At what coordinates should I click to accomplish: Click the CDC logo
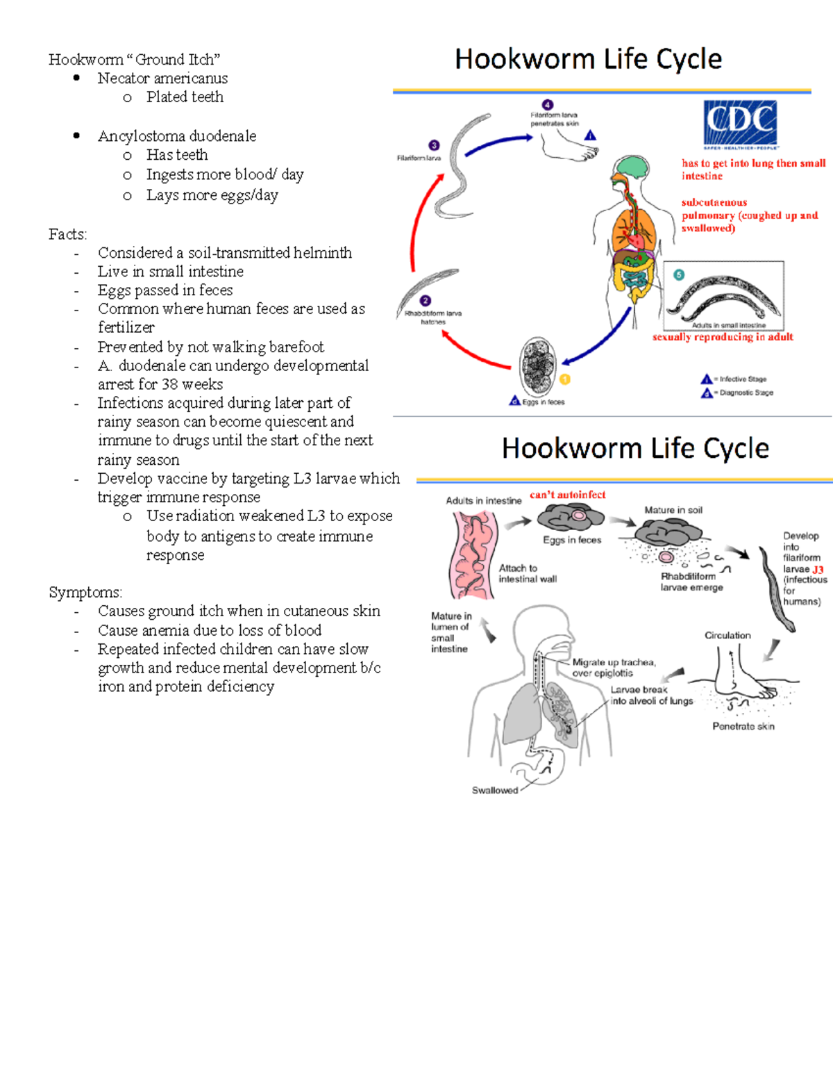740,123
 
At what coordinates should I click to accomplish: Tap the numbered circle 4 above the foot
548,105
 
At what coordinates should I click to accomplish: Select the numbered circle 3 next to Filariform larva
434,145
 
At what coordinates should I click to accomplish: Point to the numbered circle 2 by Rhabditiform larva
426,301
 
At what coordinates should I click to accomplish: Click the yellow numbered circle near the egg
564,379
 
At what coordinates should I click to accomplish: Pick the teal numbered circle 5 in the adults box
679,274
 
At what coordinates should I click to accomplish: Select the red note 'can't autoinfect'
567,495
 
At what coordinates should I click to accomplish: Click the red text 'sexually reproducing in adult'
723,337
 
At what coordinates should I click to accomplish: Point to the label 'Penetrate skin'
743,726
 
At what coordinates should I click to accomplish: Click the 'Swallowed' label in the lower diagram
494,790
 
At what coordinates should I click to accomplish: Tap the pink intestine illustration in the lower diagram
473,554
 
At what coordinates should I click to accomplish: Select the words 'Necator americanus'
162,79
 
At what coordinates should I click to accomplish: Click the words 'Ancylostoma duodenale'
177,136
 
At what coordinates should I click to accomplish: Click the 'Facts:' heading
67,234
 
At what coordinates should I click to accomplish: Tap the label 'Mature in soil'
673,510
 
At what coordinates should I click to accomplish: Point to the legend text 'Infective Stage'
743,379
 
